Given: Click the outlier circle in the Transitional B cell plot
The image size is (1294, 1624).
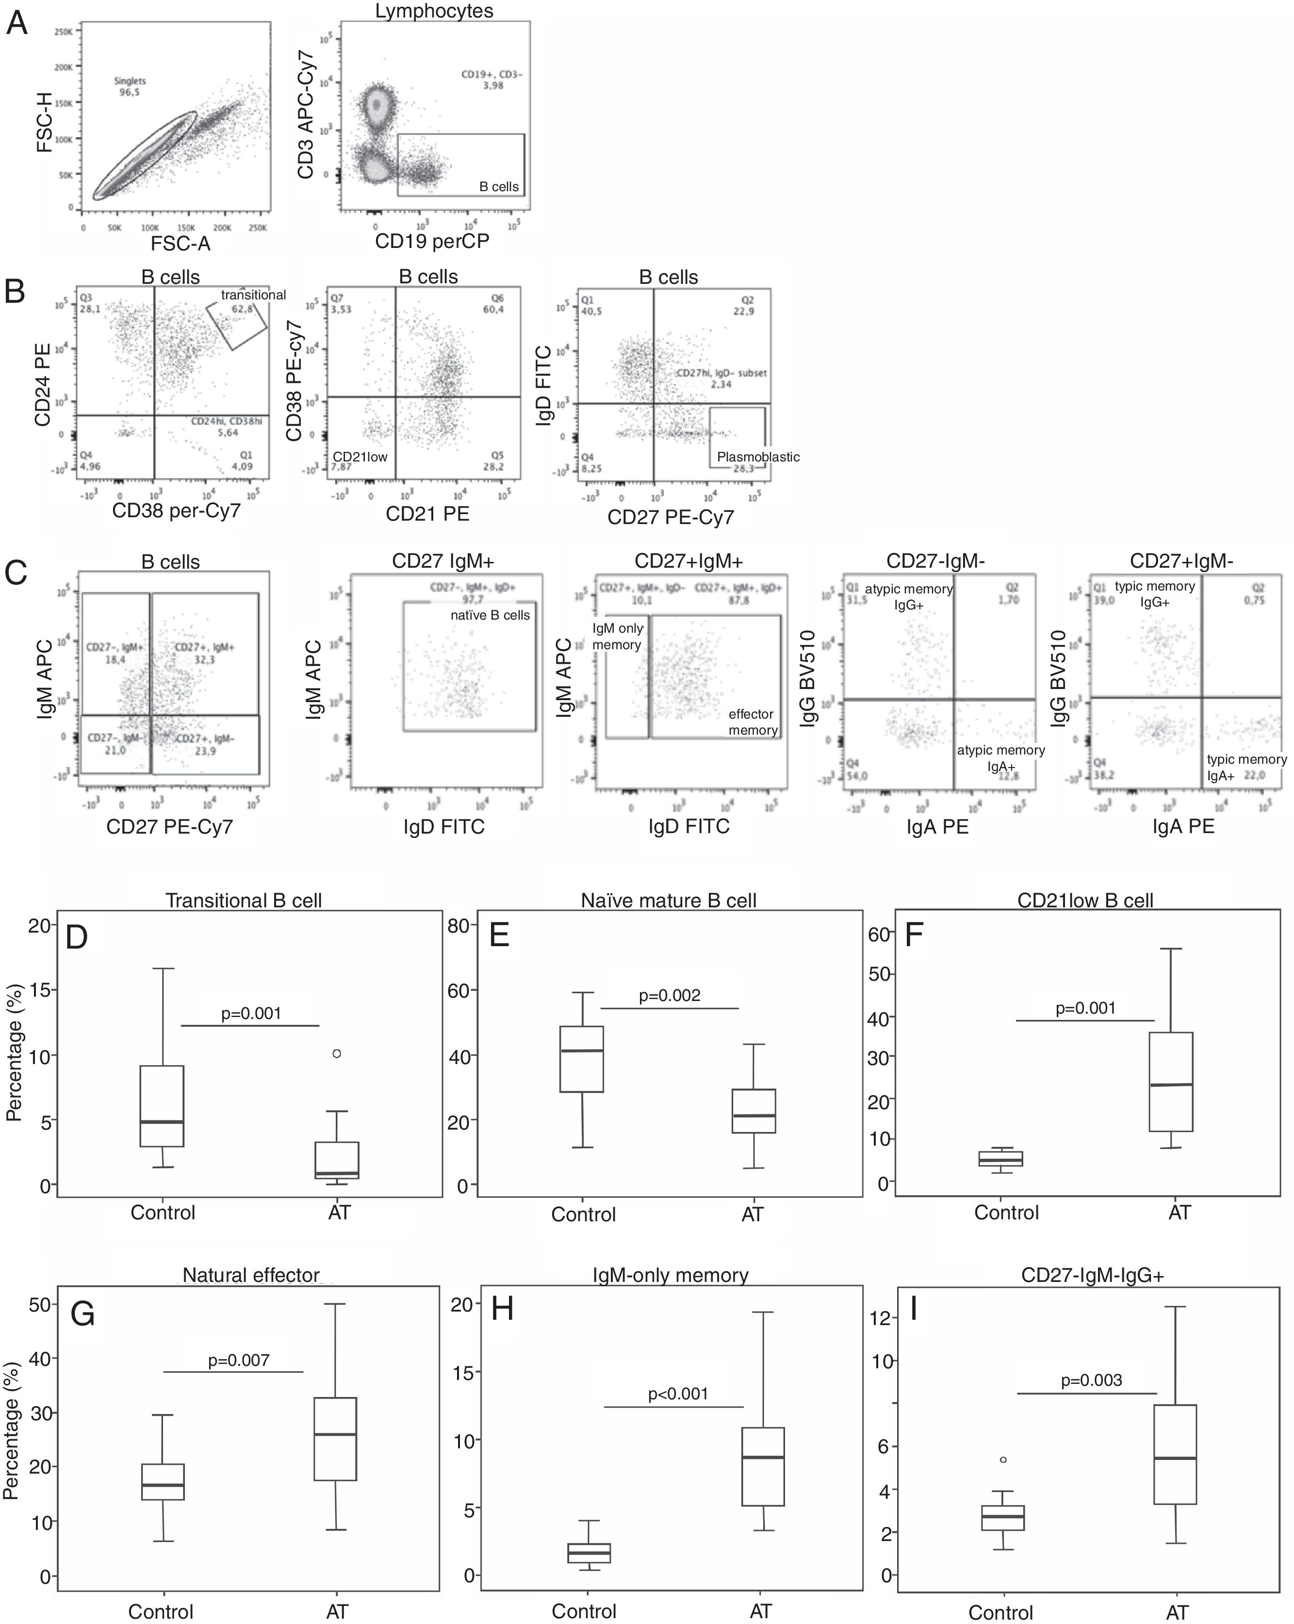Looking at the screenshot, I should point(337,1053).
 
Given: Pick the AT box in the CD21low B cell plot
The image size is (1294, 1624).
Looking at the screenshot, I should point(1171,1081).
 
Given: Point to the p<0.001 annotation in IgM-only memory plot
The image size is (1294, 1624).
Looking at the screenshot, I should point(678,1394).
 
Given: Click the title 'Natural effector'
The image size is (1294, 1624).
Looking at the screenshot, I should point(251,1275).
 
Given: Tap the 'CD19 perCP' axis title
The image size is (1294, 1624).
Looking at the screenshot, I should point(432,241).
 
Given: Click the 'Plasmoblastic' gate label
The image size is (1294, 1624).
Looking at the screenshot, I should point(758,457).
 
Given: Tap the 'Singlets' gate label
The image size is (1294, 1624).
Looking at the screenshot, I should point(130,81).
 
